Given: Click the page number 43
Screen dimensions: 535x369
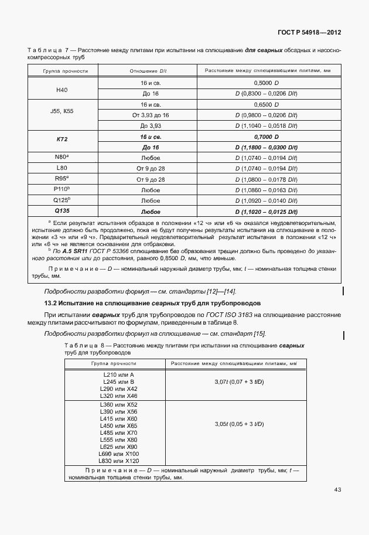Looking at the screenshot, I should (338, 489).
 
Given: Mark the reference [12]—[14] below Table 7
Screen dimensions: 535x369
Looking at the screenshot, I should (221, 291).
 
